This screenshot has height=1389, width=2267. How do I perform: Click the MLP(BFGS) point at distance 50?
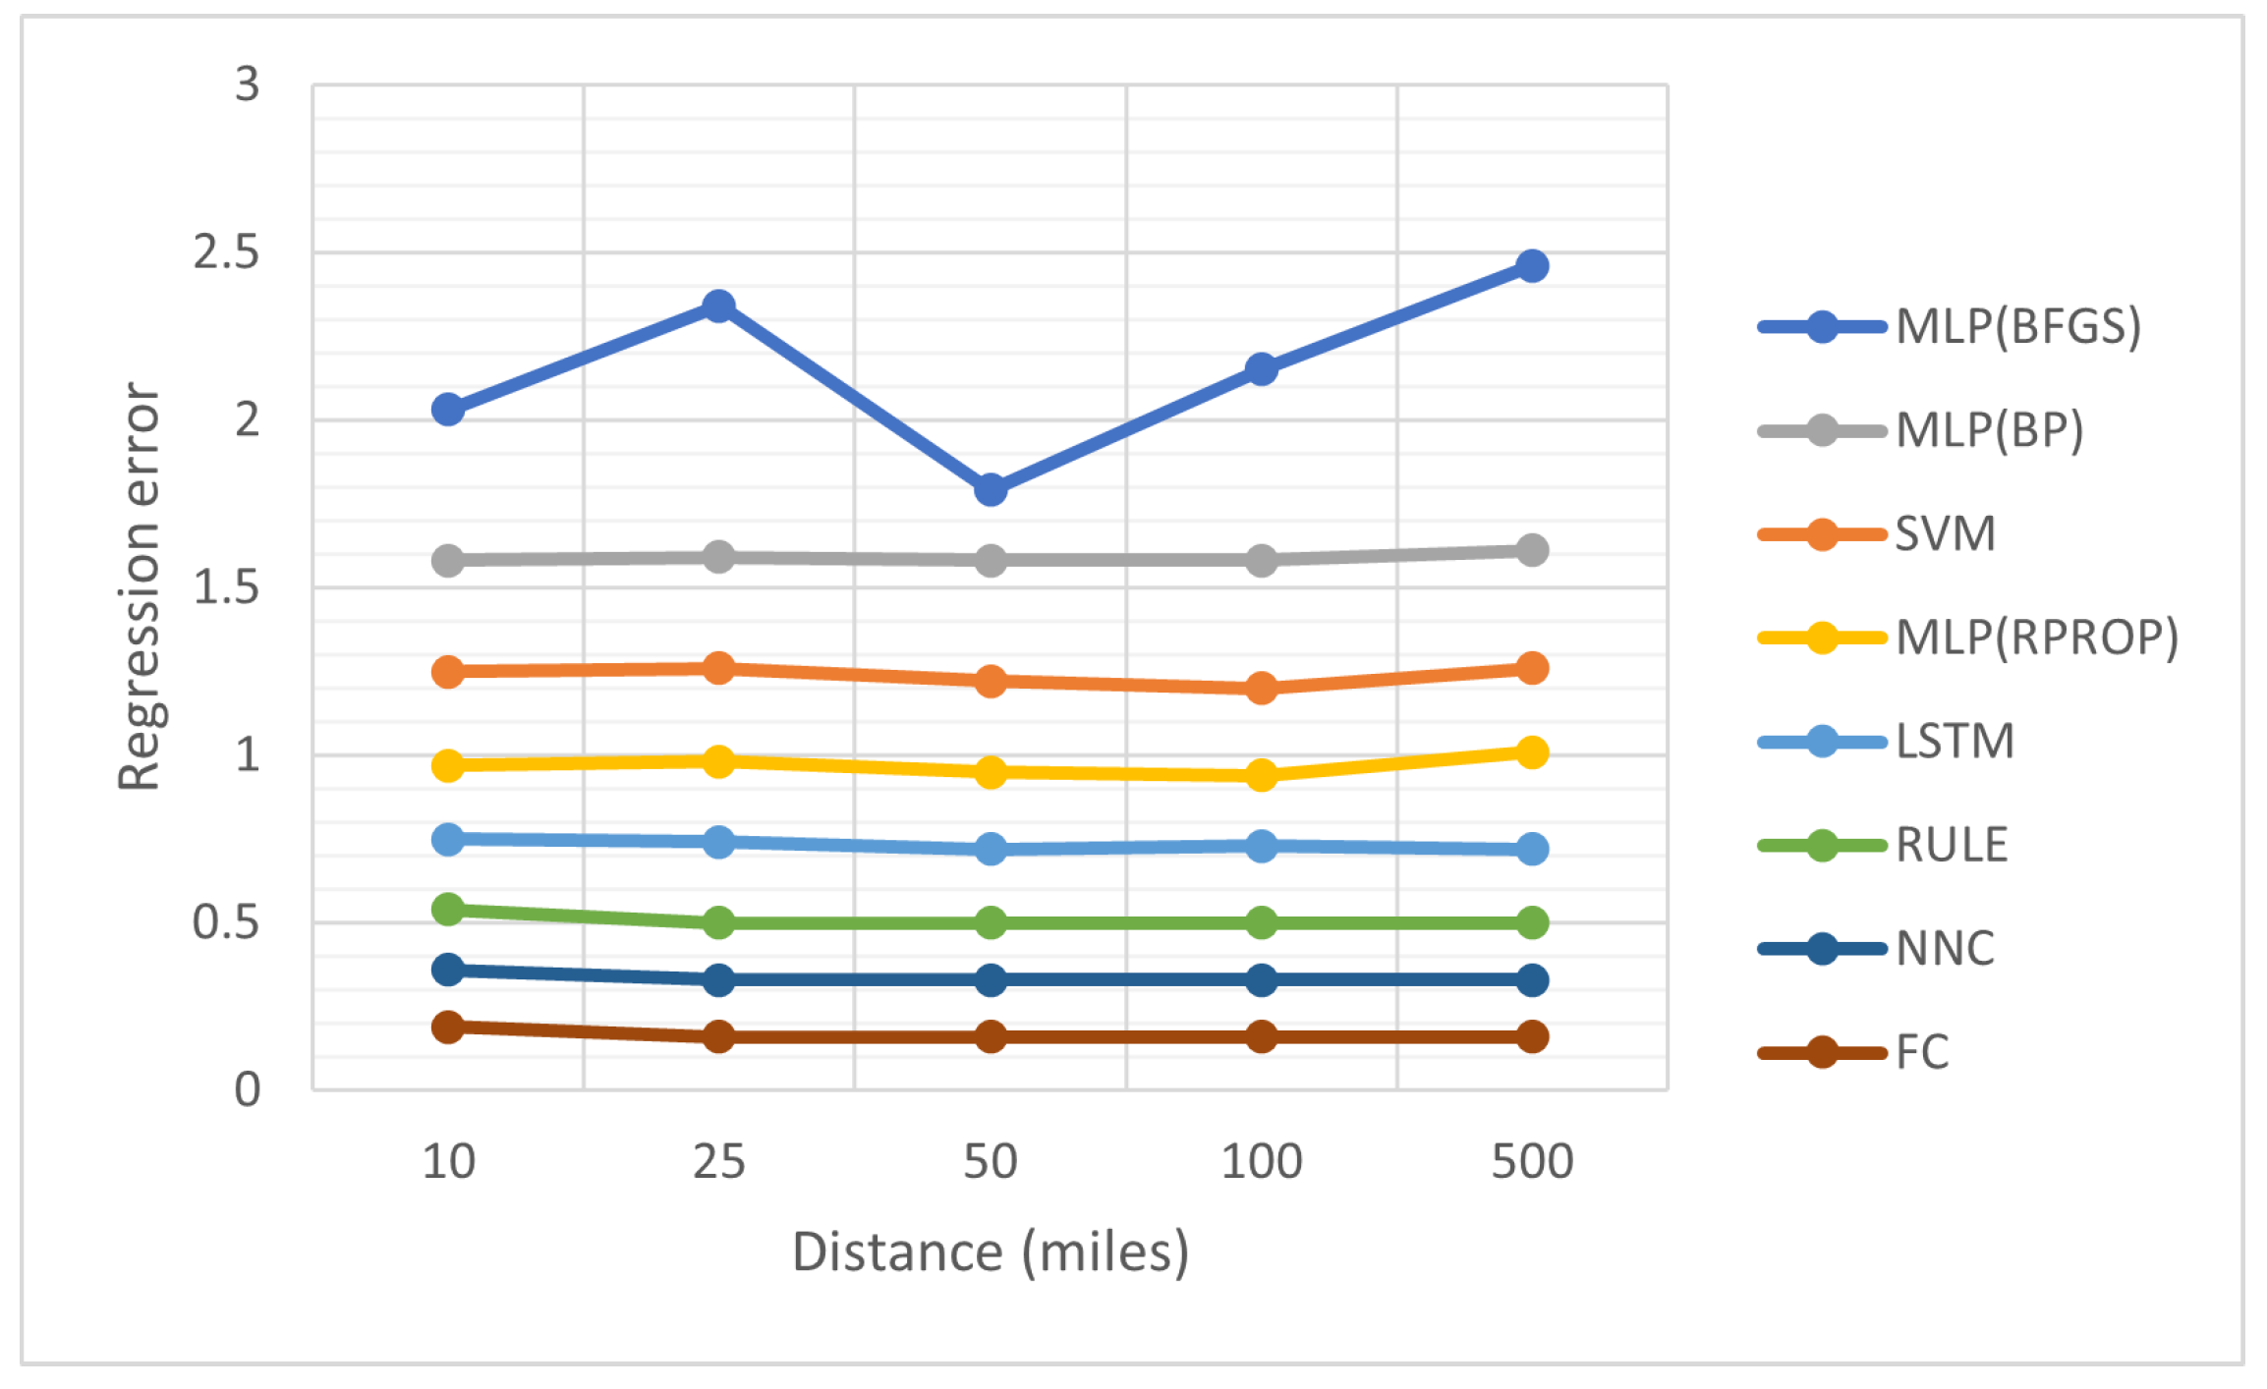click(991, 489)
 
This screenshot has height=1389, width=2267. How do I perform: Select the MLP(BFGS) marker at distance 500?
click(1532, 265)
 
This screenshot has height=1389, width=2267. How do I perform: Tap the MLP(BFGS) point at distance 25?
click(719, 306)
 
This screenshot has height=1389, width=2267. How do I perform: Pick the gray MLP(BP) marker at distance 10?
click(448, 560)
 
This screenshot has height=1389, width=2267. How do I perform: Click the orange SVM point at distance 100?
click(1262, 687)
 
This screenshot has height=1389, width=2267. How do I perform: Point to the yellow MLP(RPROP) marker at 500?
click(1532, 752)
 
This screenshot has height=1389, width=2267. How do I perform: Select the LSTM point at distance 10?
click(448, 839)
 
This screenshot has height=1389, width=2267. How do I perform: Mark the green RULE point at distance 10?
click(448, 909)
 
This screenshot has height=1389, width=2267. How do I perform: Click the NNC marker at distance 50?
click(991, 979)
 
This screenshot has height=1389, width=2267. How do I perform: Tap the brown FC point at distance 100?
click(1262, 1036)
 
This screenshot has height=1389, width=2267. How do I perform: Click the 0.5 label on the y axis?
click(226, 922)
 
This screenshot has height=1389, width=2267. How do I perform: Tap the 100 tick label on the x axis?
click(1262, 1162)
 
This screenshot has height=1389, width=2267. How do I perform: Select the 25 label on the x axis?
click(719, 1162)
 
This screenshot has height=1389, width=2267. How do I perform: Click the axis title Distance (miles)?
click(991, 1252)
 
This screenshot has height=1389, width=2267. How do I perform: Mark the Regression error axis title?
click(139, 586)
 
